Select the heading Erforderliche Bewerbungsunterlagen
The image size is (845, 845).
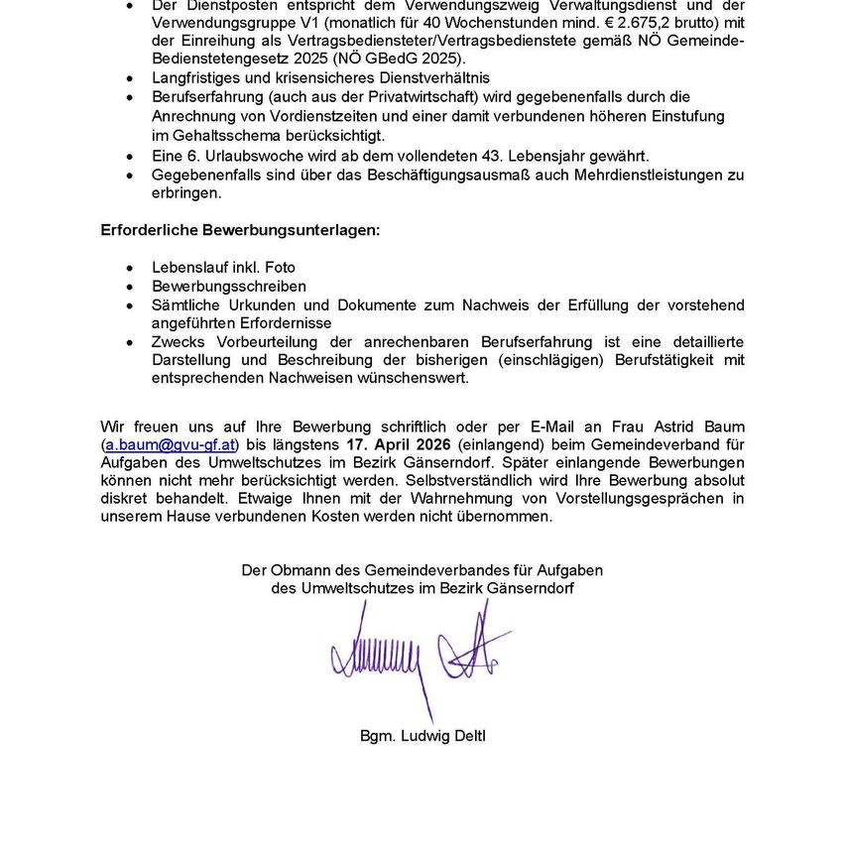pyautogui.click(x=240, y=230)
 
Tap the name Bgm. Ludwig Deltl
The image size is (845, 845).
pyautogui.click(x=422, y=736)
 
